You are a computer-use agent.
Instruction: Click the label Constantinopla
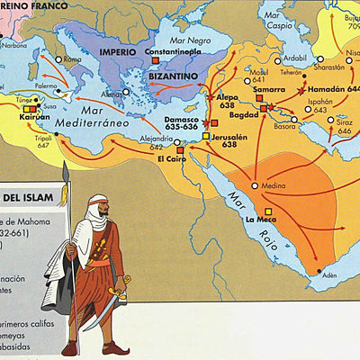[173, 52]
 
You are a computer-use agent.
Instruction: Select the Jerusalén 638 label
[232, 139]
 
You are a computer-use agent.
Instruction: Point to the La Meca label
[259, 219]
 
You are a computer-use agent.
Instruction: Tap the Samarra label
[269, 91]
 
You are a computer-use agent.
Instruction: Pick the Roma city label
[73, 59]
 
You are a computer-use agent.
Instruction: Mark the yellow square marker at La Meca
[268, 210]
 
